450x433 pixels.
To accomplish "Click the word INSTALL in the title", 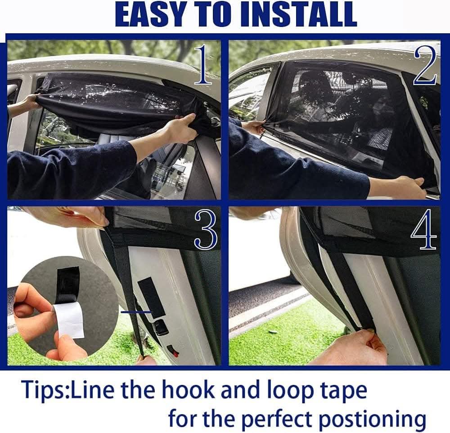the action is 298,14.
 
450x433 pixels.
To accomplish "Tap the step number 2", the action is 425,65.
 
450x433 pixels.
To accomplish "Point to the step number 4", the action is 424,229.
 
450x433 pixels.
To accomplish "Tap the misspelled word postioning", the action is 373,419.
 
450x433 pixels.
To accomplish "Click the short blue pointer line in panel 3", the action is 136,312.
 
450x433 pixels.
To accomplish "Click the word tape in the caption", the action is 344,391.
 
